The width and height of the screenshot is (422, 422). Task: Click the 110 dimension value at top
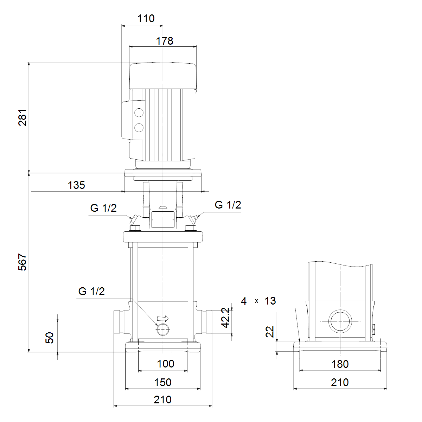[146, 19]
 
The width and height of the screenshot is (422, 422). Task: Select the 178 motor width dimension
[165, 41]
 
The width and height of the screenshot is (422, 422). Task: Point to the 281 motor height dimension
[23, 117]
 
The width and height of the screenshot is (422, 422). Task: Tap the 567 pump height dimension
[23, 262]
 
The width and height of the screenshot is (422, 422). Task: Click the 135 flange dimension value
[76, 185]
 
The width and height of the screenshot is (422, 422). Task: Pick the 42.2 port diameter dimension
[225, 318]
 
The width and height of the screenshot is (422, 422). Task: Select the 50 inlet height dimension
[50, 338]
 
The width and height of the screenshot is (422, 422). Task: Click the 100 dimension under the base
[166, 364]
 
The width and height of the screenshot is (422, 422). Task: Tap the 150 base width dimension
[163, 382]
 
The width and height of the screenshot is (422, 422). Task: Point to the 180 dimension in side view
[340, 364]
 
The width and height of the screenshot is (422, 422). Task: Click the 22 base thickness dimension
[270, 332]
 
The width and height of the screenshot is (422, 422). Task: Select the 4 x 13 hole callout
[258, 301]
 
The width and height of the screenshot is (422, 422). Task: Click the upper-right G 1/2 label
[228, 205]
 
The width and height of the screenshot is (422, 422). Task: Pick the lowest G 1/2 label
[91, 291]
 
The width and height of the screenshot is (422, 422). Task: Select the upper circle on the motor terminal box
[139, 113]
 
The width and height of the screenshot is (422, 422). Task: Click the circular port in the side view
[340, 321]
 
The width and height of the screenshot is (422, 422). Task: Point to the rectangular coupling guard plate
[163, 219]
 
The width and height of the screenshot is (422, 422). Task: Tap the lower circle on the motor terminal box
[139, 127]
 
